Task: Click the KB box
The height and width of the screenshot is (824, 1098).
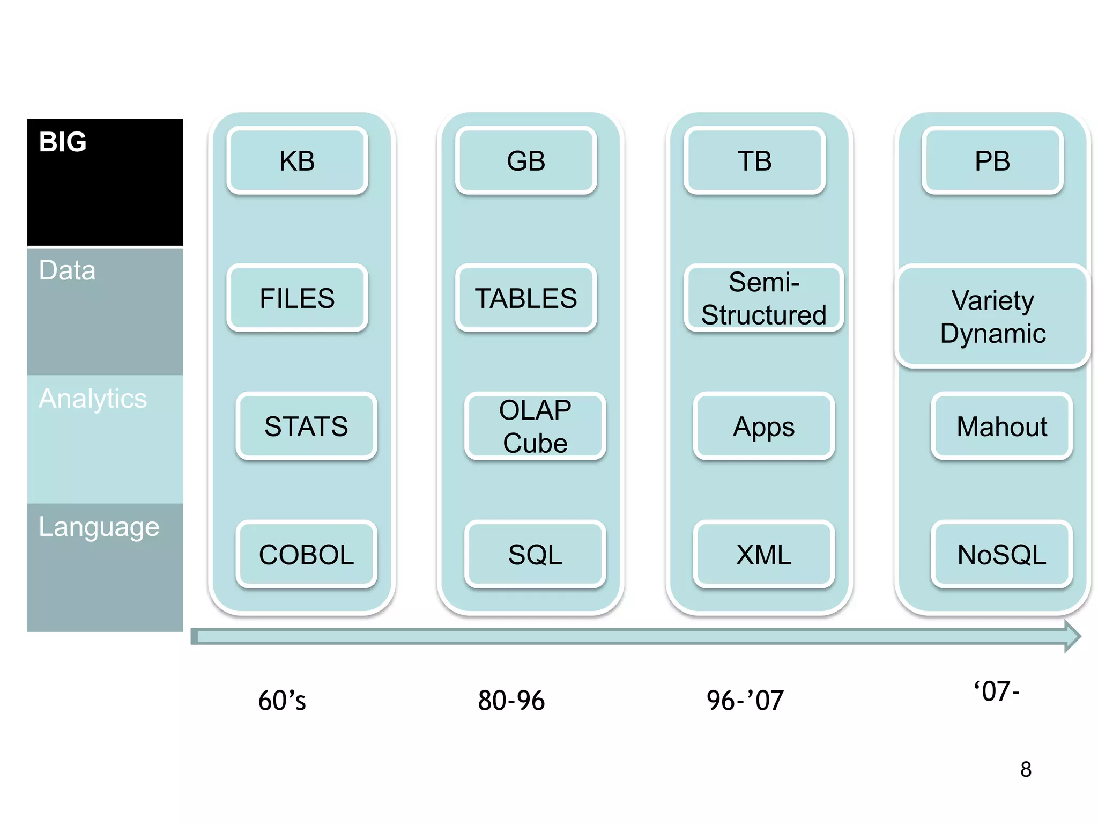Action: [x=297, y=160]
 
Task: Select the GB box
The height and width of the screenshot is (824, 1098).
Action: [x=526, y=160]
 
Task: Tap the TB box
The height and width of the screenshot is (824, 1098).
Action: [x=754, y=160]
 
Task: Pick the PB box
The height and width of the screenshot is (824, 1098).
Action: [x=992, y=160]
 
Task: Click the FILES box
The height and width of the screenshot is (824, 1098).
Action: [x=297, y=298]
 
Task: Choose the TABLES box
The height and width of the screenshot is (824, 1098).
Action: [x=526, y=298]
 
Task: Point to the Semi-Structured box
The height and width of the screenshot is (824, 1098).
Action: [x=763, y=298]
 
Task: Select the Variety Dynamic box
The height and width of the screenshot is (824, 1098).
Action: [x=992, y=317]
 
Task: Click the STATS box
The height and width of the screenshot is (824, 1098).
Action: [x=306, y=426]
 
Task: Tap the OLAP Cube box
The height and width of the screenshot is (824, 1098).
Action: [x=535, y=426]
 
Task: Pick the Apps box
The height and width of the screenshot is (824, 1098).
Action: [x=763, y=426]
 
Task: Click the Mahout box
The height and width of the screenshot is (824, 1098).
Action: [x=1001, y=426]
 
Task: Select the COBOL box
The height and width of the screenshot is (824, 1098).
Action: [x=306, y=554]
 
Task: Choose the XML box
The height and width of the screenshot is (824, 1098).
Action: [x=763, y=554]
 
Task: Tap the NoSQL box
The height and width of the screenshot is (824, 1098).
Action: [x=1001, y=554]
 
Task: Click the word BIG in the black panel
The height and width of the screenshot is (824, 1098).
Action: [x=63, y=142]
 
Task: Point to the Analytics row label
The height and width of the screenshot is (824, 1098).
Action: [x=93, y=399]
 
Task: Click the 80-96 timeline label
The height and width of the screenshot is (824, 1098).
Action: [x=511, y=701]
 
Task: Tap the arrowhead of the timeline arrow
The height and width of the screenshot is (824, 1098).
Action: [x=1072, y=637]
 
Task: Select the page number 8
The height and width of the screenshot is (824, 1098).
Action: [x=1026, y=769]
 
